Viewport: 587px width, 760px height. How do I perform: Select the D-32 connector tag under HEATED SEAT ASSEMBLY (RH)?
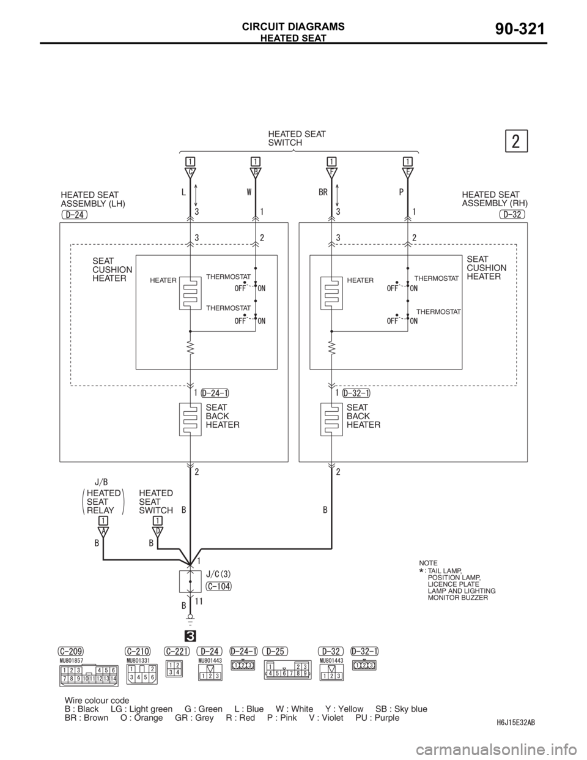click(x=512, y=214)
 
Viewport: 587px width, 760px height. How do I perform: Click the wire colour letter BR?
click(x=324, y=192)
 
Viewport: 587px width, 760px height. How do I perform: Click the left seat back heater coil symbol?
click(x=190, y=419)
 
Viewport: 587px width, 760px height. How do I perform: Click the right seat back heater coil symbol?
click(x=331, y=419)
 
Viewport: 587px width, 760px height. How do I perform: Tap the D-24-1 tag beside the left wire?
click(x=215, y=393)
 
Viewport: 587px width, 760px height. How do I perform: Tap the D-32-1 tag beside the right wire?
click(x=356, y=393)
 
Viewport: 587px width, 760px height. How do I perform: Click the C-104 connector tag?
click(x=219, y=586)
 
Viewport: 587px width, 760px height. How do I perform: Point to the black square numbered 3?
click(x=190, y=633)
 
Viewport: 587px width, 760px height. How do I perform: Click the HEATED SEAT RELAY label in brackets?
click(x=103, y=502)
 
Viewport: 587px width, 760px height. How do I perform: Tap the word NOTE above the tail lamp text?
click(x=428, y=562)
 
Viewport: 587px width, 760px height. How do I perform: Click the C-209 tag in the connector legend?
click(x=70, y=651)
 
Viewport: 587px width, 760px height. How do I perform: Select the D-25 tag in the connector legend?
click(x=275, y=651)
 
